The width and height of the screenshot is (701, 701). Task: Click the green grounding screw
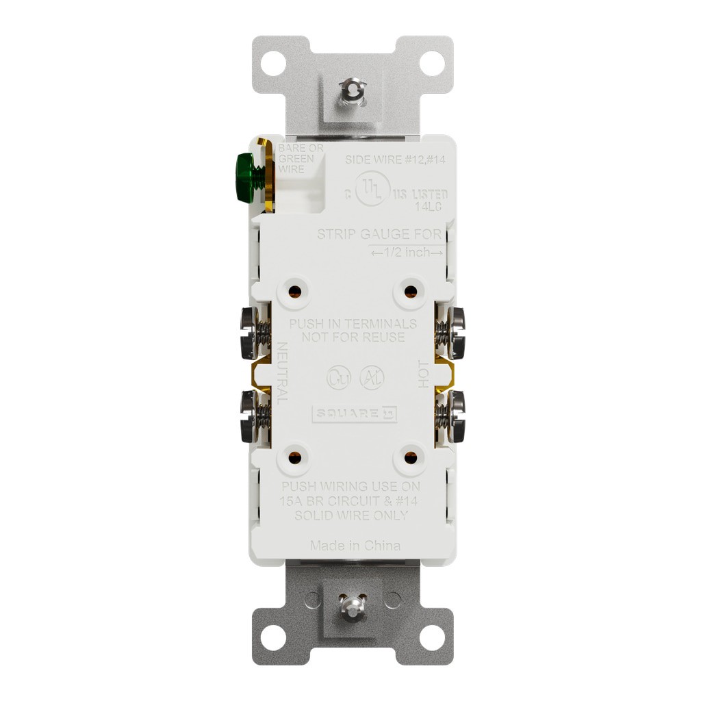[x=244, y=177]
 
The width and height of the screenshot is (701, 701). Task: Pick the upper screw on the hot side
[x=453, y=333]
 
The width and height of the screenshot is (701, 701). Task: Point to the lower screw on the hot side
[x=453, y=416]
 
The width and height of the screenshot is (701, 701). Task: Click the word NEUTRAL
[x=281, y=373]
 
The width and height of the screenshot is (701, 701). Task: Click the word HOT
[x=424, y=374]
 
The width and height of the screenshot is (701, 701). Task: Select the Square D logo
[x=355, y=414]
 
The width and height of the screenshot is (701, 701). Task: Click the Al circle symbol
[x=373, y=377]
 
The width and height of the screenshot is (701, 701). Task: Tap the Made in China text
[x=355, y=546]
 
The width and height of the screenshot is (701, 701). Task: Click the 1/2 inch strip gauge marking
[x=407, y=253]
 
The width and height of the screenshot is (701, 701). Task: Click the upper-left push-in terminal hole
[x=294, y=292]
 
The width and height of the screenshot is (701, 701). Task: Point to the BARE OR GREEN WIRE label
[x=296, y=160]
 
